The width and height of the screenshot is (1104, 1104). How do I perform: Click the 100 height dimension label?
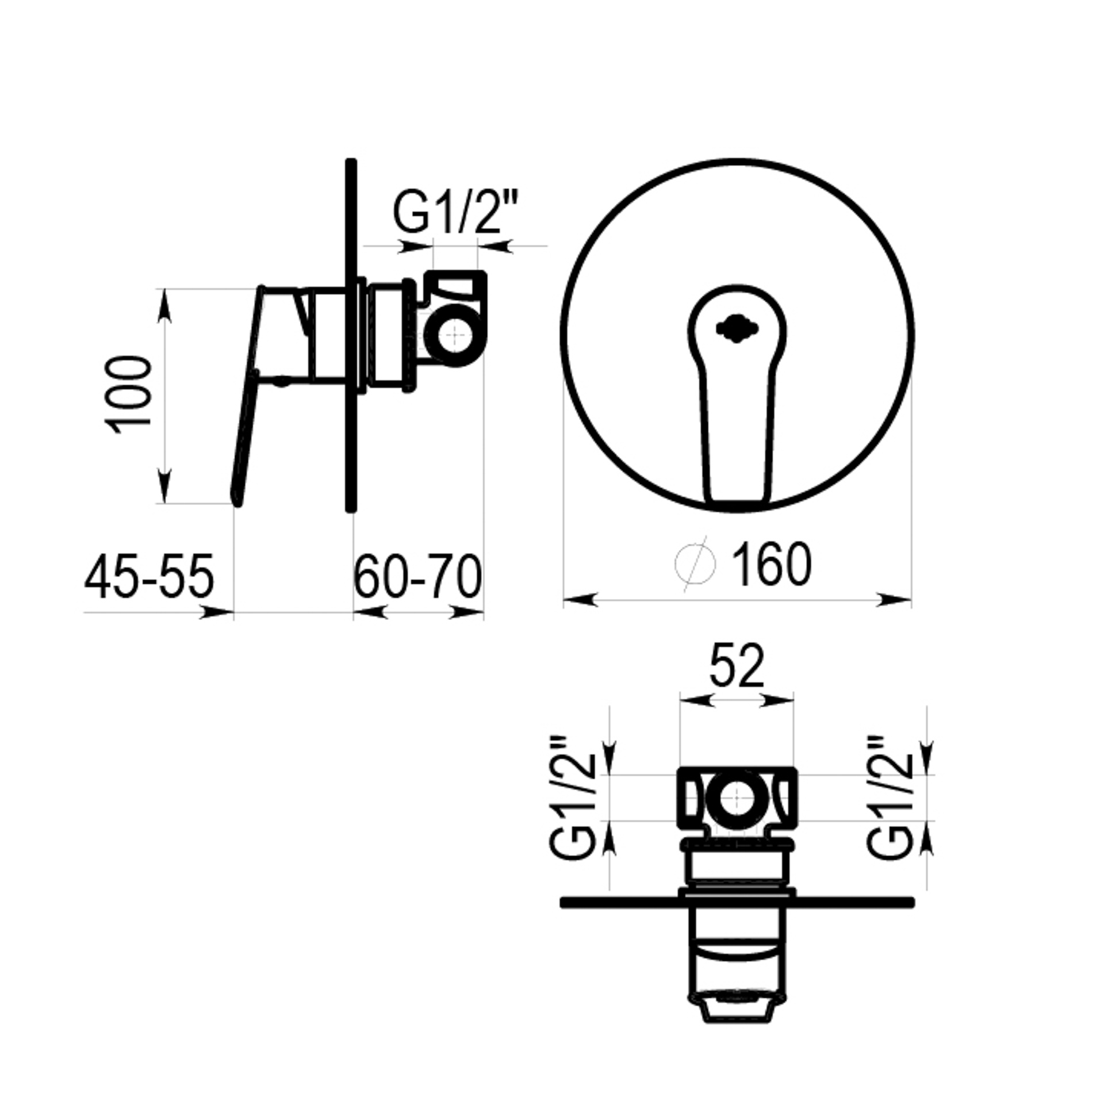[x=129, y=394]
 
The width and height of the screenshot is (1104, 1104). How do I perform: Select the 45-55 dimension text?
[x=149, y=576]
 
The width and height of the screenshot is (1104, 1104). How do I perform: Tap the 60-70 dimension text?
[x=417, y=576]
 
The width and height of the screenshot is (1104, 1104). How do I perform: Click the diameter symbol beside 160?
[x=695, y=563]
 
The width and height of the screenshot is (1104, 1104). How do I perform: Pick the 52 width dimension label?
[x=737, y=665]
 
